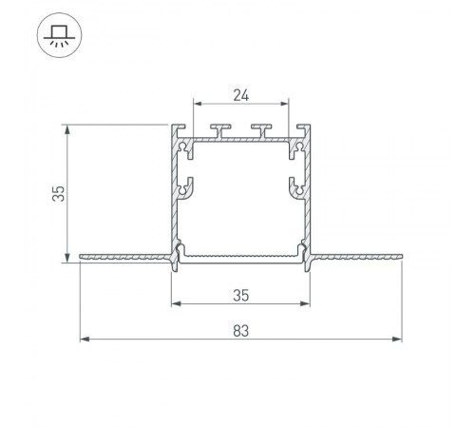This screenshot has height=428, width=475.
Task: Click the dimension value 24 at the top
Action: (x=240, y=94)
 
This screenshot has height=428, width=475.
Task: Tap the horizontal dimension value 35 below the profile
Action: (x=240, y=296)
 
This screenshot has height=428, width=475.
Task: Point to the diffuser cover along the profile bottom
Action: (x=240, y=257)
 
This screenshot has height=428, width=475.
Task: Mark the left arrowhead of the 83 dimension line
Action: (x=84, y=339)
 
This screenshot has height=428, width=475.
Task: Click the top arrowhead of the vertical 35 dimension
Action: (x=66, y=128)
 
